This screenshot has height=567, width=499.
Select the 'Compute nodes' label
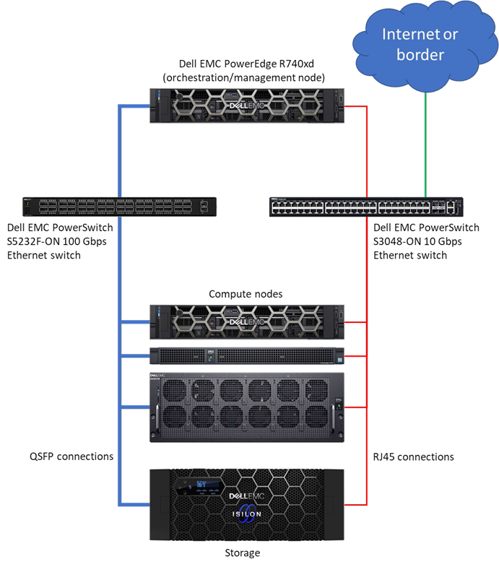coord(246,294)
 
